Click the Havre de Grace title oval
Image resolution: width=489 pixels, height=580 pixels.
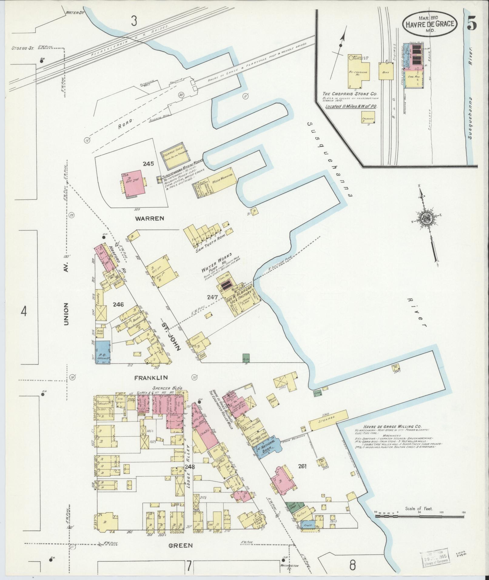click(430, 25)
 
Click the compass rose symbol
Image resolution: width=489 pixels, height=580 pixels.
click(426, 218)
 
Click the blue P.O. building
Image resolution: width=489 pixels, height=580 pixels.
click(103, 352)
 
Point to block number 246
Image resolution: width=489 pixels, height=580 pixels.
click(118, 305)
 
